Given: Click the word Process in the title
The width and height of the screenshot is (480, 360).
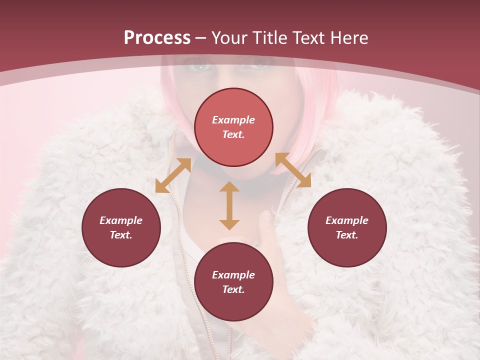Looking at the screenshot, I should (157, 38).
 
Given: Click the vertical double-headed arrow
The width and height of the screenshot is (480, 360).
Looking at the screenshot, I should (229, 205).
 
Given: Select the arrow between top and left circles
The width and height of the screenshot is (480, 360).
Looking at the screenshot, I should (173, 175).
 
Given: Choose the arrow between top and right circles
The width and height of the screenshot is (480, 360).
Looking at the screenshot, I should (293, 170).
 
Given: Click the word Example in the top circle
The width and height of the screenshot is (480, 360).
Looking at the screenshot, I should (233, 120).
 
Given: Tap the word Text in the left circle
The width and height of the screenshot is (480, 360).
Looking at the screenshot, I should (121, 235).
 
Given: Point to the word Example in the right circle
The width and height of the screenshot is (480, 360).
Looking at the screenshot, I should (347, 220).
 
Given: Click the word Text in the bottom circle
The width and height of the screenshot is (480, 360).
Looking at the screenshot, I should (233, 289).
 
